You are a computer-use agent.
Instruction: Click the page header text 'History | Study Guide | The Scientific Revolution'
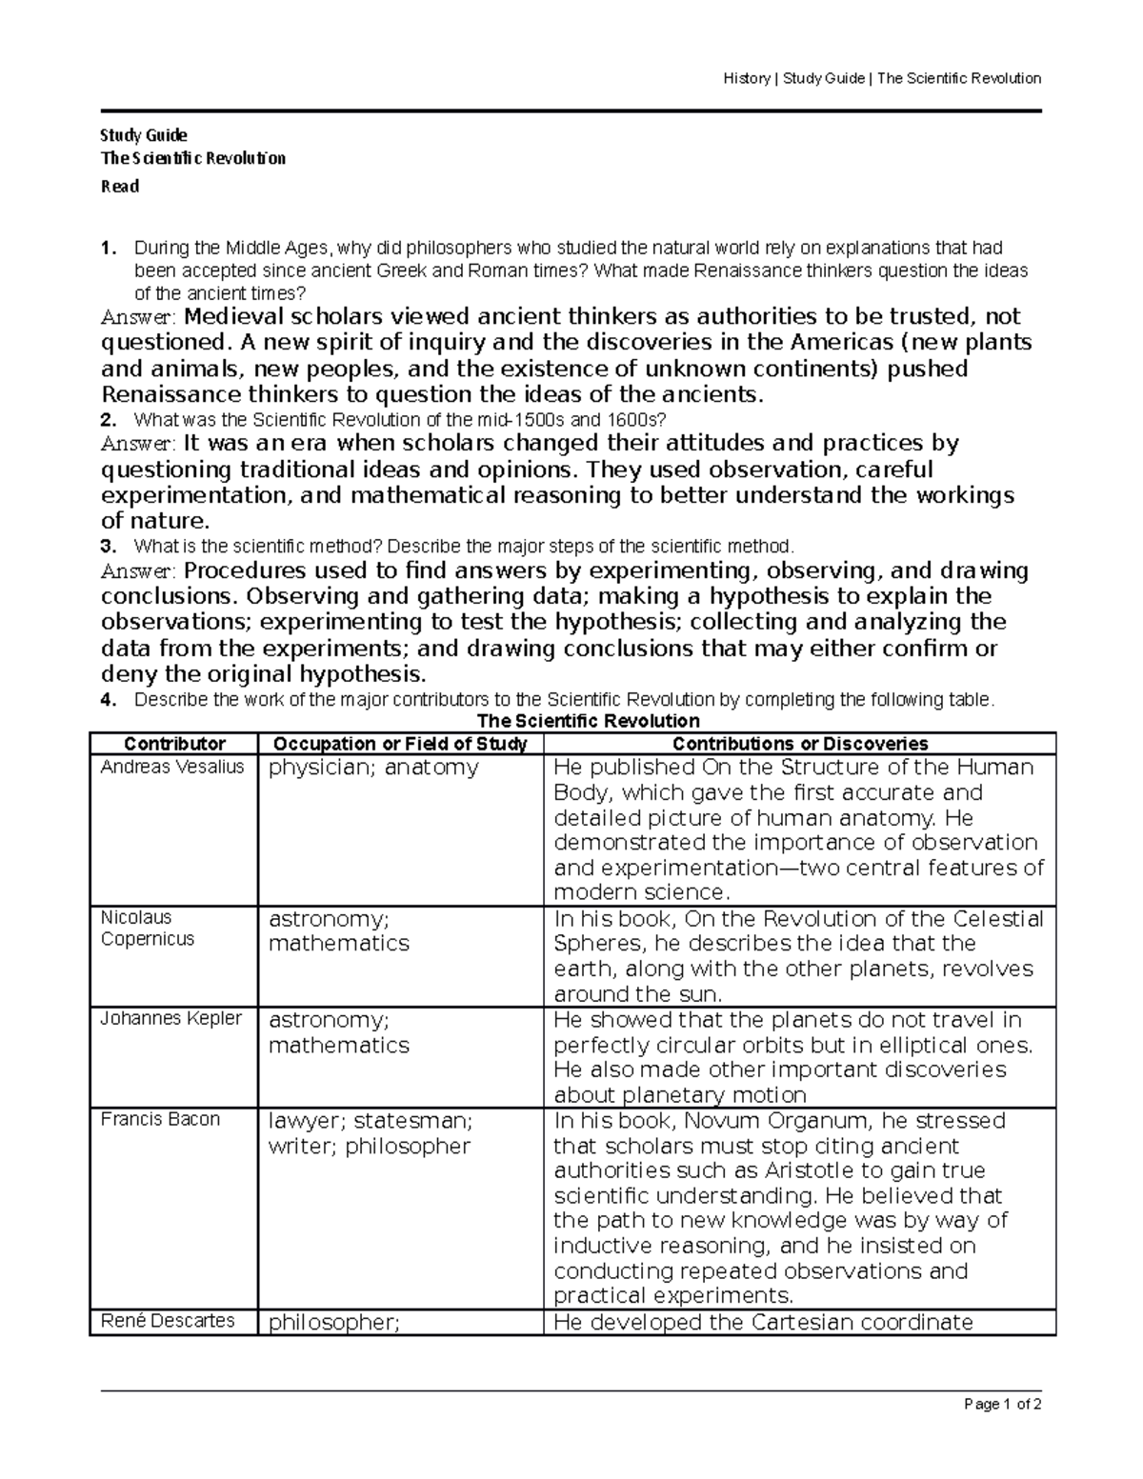point(881,78)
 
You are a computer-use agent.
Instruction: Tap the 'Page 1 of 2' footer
point(1003,1404)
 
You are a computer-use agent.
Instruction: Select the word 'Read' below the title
point(120,187)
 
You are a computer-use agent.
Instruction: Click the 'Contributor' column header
point(174,744)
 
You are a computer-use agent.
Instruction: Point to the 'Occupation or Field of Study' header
point(400,744)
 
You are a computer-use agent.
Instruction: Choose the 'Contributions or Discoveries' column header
point(799,744)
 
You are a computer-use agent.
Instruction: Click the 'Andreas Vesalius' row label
point(172,767)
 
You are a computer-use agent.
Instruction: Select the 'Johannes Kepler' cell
point(171,1018)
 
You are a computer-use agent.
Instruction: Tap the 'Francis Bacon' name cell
point(160,1119)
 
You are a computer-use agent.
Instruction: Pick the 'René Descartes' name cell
point(168,1321)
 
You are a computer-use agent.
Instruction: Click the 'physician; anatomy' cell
point(373,768)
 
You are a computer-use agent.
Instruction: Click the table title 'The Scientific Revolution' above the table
point(588,721)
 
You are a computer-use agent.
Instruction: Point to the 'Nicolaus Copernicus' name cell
point(148,928)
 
